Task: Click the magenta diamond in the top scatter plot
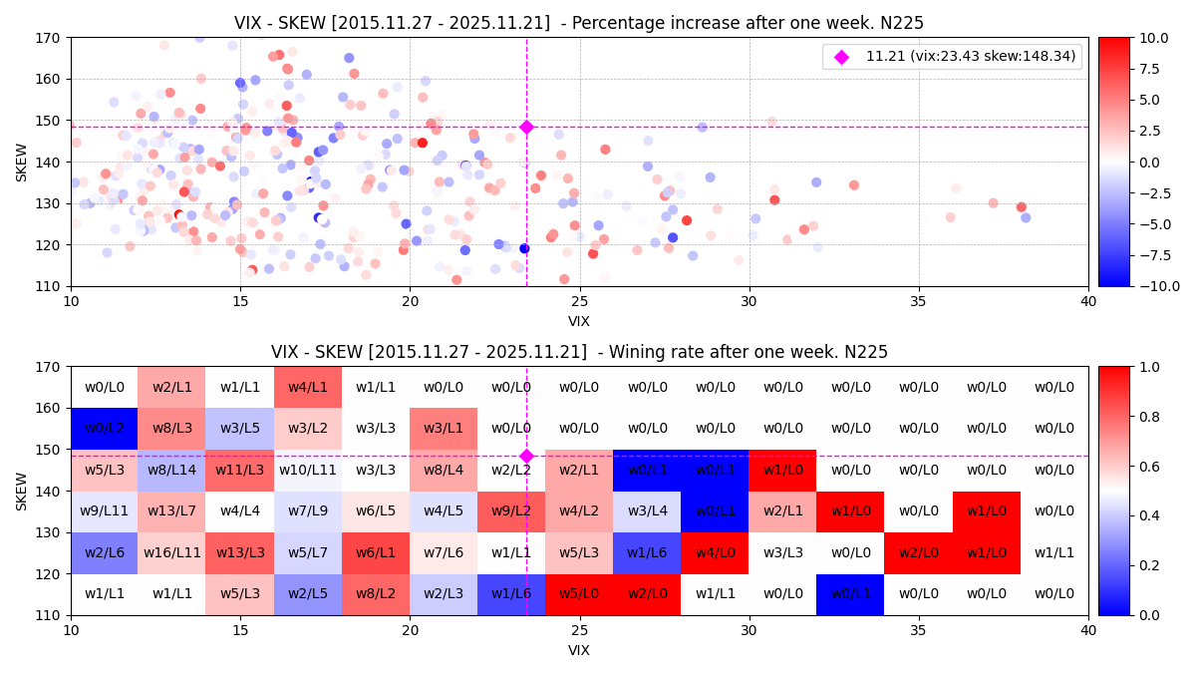pos(526,127)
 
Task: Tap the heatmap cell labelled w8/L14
pos(171,471)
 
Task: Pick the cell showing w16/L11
pos(171,553)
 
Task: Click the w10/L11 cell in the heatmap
pos(307,471)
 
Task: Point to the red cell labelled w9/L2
pos(510,511)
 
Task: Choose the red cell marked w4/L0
pos(715,553)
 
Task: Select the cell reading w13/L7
pos(171,511)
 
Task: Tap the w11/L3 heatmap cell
pos(239,471)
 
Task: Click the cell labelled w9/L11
pos(104,511)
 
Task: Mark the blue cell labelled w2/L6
pos(104,553)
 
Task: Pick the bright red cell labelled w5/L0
pos(579,594)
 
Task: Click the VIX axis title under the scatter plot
pos(579,321)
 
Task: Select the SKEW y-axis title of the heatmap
pos(22,491)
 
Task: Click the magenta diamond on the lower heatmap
pos(526,457)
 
